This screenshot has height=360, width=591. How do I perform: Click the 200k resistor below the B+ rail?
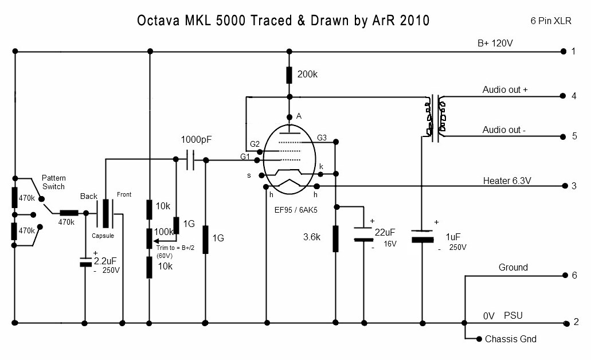(x=290, y=75)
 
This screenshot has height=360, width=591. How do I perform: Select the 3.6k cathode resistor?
(x=335, y=238)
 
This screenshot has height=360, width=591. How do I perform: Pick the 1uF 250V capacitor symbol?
(x=422, y=236)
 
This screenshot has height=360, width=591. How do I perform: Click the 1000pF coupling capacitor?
(x=191, y=161)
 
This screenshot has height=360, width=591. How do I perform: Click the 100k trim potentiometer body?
(x=149, y=237)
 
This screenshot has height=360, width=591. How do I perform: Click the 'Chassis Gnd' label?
(x=511, y=339)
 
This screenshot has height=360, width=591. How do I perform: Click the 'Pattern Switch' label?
(x=54, y=183)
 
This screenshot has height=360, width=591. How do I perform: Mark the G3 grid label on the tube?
(x=322, y=138)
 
